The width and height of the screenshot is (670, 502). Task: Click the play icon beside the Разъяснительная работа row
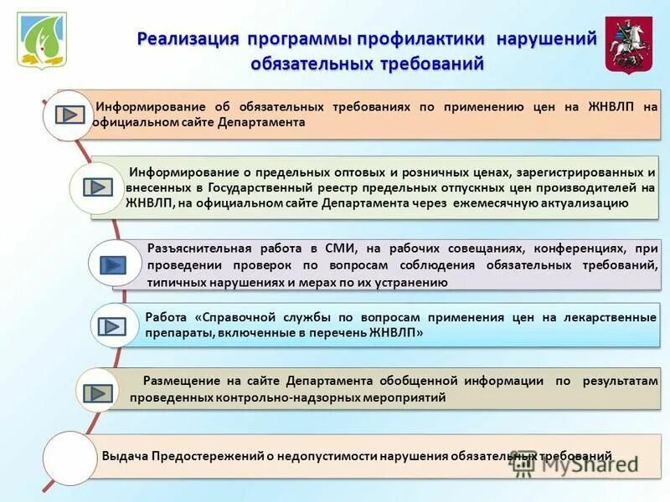click(x=112, y=265)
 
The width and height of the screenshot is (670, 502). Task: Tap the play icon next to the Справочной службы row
click(x=113, y=327)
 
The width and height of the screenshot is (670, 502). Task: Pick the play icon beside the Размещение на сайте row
click(x=100, y=392)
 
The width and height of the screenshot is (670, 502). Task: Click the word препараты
click(x=174, y=332)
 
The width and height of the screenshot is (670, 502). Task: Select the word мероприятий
click(x=405, y=397)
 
